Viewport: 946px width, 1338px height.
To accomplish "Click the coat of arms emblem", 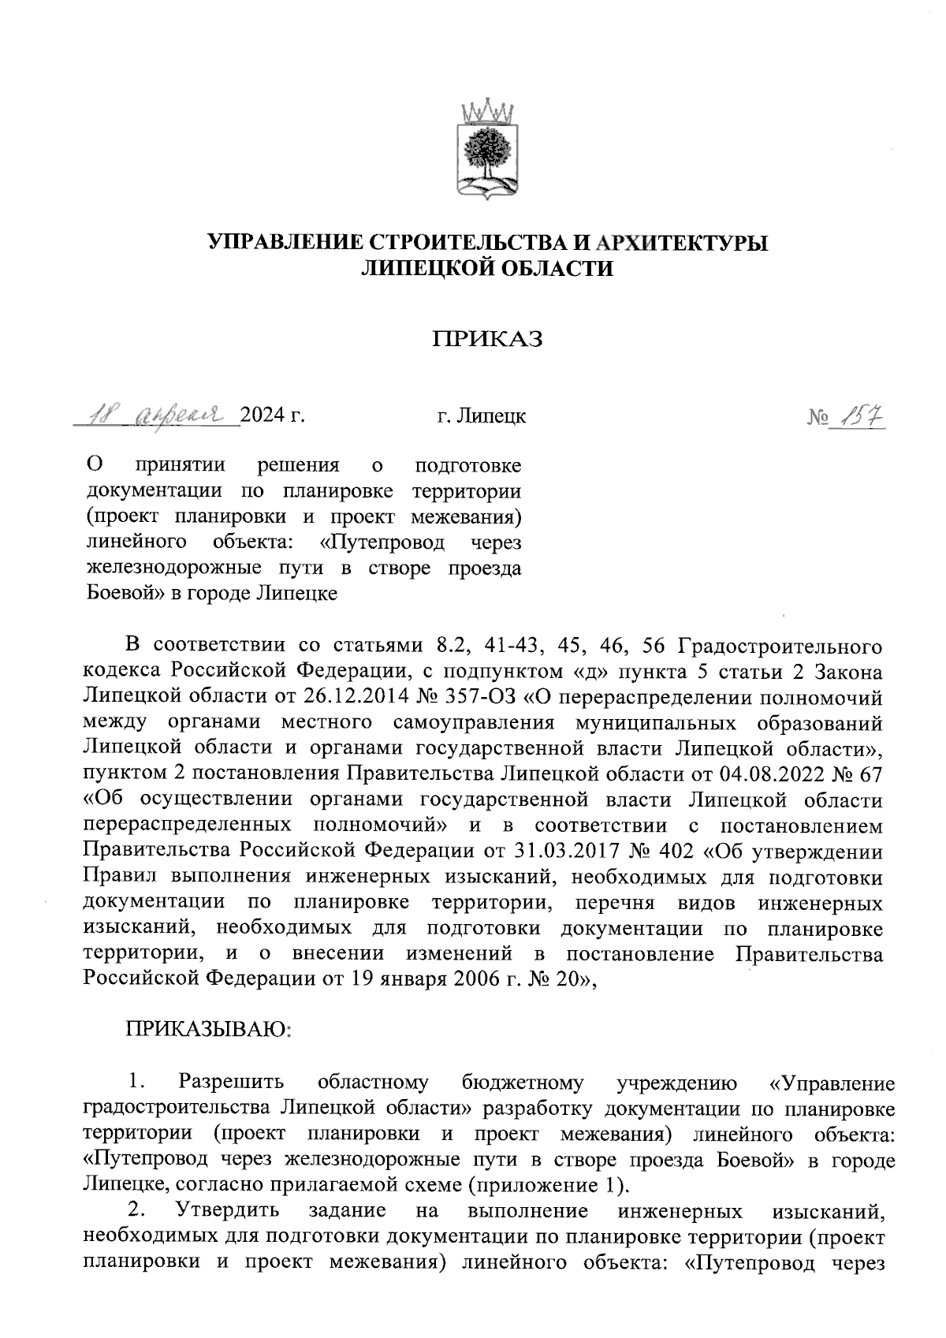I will tap(487, 149).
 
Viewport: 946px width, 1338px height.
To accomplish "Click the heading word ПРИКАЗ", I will tap(487, 340).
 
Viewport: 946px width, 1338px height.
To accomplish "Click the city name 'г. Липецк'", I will tap(481, 416).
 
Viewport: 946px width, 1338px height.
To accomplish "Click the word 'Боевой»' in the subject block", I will tap(119, 593).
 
